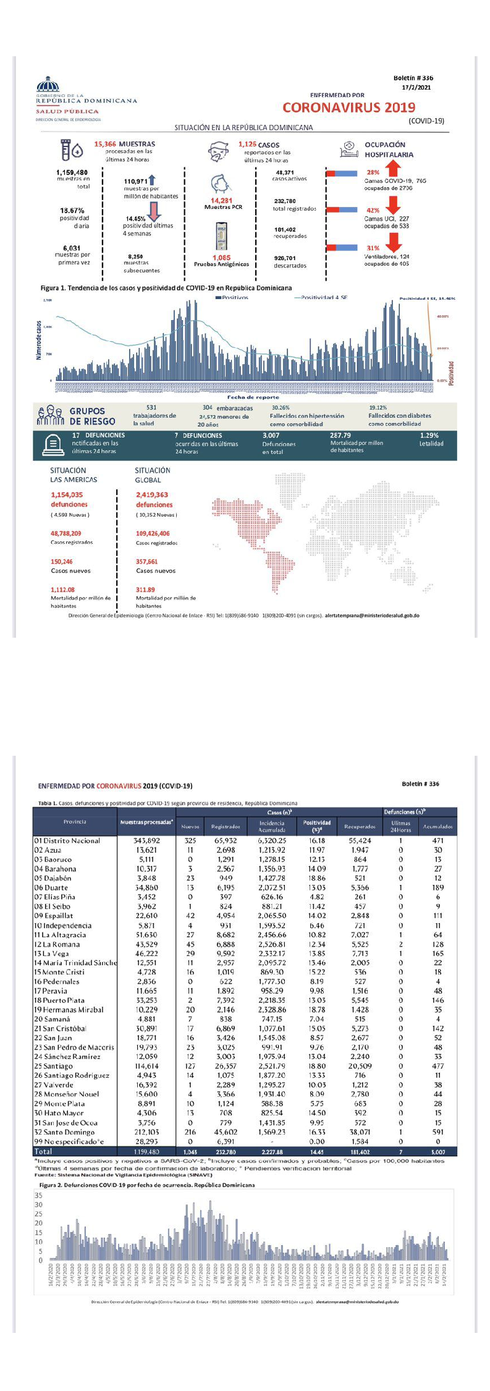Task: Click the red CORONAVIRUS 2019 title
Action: click(348, 108)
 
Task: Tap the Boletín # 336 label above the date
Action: click(413, 78)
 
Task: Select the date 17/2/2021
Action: click(416, 88)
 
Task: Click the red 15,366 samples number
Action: click(105, 144)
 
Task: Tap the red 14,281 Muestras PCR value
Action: click(221, 200)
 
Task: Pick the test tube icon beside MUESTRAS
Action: click(69, 149)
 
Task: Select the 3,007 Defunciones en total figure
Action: click(271, 436)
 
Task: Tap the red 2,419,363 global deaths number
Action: click(152, 495)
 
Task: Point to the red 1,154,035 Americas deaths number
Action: click(67, 495)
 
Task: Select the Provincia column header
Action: click(75, 822)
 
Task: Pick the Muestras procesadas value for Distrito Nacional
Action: click(146, 840)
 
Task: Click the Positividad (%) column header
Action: click(317, 826)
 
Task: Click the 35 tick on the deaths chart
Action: click(38, 1195)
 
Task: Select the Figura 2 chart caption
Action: click(147, 1185)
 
